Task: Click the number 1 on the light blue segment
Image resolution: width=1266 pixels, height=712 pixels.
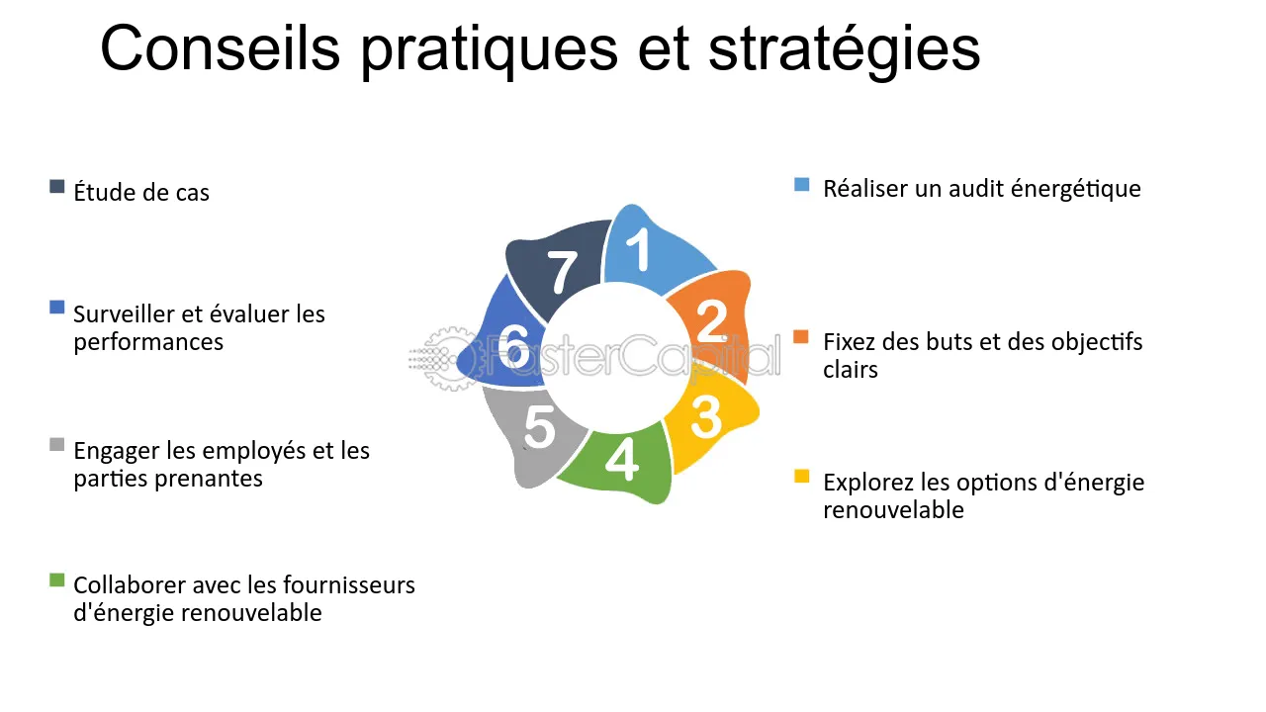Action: click(641, 250)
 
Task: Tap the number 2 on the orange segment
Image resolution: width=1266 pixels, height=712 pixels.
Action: click(711, 320)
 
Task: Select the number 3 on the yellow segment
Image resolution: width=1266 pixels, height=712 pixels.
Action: click(706, 416)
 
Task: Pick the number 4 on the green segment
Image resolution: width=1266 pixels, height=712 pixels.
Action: click(621, 459)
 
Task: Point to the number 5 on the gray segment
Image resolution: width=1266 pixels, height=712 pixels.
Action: click(539, 427)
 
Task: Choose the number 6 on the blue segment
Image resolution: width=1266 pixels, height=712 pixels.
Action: click(513, 347)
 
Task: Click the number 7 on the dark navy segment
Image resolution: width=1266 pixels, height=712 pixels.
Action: click(562, 272)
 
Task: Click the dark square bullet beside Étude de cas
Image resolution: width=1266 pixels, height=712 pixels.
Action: click(57, 186)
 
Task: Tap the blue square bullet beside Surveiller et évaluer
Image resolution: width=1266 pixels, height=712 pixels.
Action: click(57, 308)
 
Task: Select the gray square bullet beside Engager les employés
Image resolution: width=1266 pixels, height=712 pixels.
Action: click(57, 444)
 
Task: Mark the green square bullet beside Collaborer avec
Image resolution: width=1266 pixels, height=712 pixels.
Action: click(57, 579)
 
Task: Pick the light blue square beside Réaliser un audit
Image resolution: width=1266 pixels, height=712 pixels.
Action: click(802, 185)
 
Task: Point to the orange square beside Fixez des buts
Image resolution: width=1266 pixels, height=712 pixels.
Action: click(802, 337)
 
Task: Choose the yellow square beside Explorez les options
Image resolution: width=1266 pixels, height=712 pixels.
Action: click(802, 478)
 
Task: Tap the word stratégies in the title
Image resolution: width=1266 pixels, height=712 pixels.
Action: click(844, 49)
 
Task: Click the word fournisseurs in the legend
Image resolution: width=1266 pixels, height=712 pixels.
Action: click(348, 585)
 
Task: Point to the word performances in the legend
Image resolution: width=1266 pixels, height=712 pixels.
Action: click(148, 342)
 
